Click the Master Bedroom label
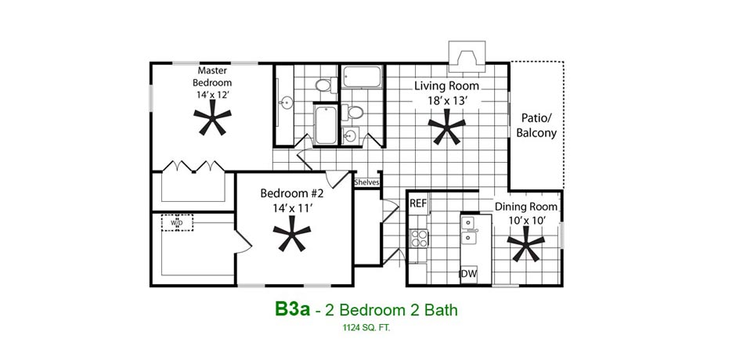click(x=212, y=77)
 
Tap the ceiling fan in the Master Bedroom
click(x=213, y=117)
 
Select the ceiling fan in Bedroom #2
click(x=292, y=232)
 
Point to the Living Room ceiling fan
click(x=447, y=127)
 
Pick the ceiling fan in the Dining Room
click(x=525, y=243)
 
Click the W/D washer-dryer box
click(x=177, y=222)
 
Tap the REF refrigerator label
click(x=418, y=203)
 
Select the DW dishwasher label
click(x=468, y=274)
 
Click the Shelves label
click(x=366, y=182)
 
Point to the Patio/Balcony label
click(x=536, y=126)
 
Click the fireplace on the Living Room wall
click(x=467, y=57)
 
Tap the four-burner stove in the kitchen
click(x=419, y=239)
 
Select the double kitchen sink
click(x=468, y=230)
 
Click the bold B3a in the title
click(x=292, y=309)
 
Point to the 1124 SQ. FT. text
click(x=366, y=328)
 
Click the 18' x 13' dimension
click(x=446, y=100)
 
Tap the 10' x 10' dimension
click(x=526, y=220)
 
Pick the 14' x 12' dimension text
click(x=212, y=94)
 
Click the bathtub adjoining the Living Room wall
click(x=362, y=77)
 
